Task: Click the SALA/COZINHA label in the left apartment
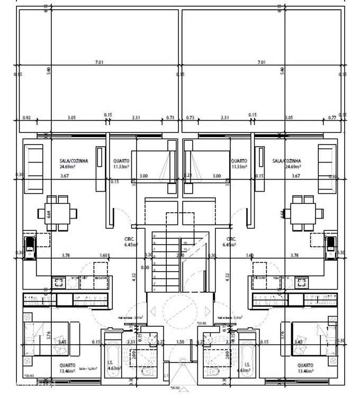(x=74, y=160)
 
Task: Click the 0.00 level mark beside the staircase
(x=145, y=267)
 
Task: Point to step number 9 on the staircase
(x=154, y=237)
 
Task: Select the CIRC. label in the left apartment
(x=128, y=239)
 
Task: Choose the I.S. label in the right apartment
(x=247, y=364)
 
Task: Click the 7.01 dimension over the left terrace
(x=98, y=62)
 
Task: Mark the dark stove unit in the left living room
(x=30, y=244)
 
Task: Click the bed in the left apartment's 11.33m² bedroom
(x=152, y=166)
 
